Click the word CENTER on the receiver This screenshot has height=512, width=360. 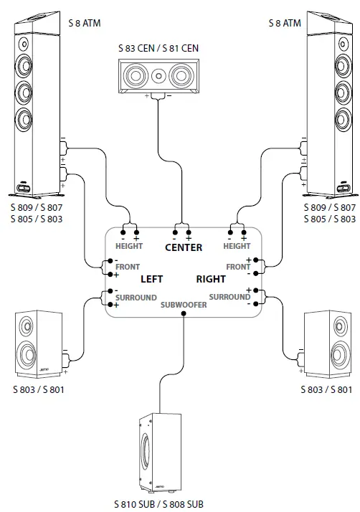click(183, 248)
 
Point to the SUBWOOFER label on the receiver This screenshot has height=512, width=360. click(184, 305)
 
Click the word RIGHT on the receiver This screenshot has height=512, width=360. click(211, 278)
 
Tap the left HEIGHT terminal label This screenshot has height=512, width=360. click(129, 246)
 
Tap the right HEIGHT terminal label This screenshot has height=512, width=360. click(237, 246)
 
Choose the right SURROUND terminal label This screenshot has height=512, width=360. click(230, 296)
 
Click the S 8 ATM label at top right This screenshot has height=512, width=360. click(280, 24)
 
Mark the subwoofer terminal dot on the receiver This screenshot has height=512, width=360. click(184, 313)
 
